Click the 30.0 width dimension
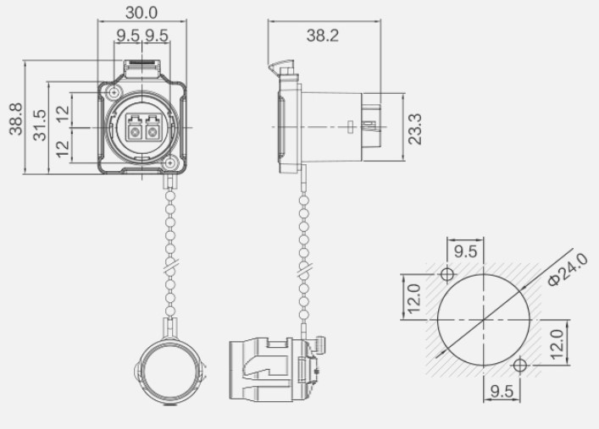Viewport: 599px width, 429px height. pos(141,13)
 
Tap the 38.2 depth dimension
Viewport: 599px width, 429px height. pos(324,35)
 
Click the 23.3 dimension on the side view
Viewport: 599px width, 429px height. pos(414,129)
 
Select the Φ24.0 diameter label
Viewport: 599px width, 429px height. pos(566,270)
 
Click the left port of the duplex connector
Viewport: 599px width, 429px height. pos(134,129)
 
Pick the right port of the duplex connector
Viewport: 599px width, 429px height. pos(153,129)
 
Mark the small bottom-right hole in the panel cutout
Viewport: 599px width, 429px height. pos(520,364)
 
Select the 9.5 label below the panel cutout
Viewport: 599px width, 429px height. pos(501,391)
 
